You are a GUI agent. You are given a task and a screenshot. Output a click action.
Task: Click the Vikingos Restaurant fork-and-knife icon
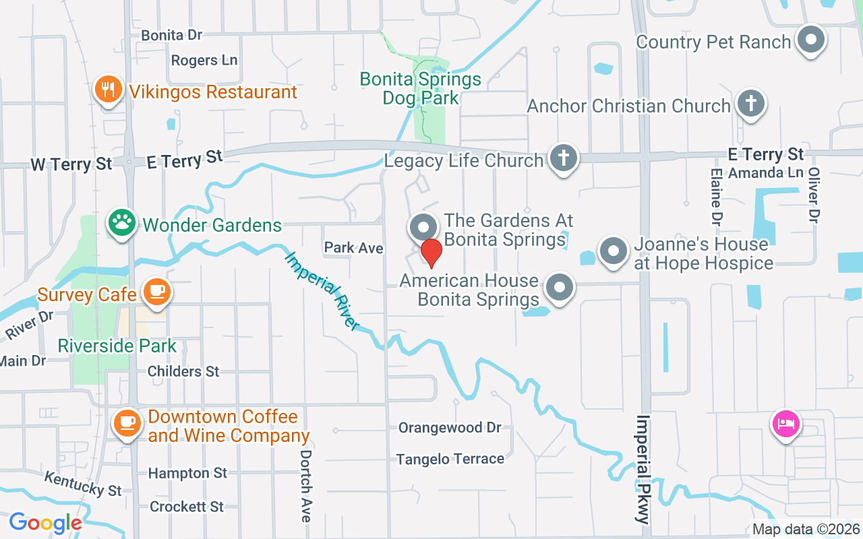[107, 89]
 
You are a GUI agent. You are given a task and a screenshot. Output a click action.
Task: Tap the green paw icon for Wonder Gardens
[122, 223]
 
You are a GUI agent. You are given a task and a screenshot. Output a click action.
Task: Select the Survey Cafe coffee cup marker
[156, 292]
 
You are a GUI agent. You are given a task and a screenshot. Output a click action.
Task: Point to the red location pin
[431, 253]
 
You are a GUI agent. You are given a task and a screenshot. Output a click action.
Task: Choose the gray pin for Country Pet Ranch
[811, 40]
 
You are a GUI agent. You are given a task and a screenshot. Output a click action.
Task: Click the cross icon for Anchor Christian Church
[749, 104]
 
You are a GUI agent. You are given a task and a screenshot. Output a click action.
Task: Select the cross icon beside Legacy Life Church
[564, 158]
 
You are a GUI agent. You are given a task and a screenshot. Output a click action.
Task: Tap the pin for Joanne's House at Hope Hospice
[613, 252]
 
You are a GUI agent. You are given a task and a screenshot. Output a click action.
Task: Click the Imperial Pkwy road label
[644, 469]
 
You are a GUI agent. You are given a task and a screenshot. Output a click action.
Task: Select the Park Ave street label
[353, 248]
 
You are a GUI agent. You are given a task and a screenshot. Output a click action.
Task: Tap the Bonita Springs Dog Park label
[421, 88]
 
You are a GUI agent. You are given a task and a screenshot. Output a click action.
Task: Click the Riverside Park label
[117, 346]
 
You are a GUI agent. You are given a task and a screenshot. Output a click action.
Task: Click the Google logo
[45, 523]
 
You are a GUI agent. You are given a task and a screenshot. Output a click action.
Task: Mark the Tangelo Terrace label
[450, 459]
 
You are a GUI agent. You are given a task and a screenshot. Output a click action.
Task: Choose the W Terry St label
[71, 164]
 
